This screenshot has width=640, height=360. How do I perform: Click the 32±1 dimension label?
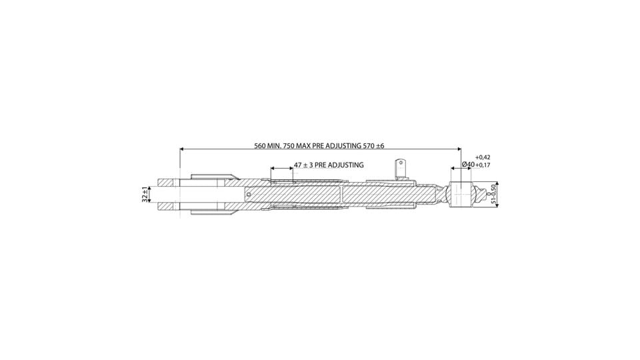click(145, 194)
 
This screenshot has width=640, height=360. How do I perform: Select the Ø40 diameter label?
click(468, 164)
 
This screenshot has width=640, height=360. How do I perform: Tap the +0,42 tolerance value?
click(483, 157)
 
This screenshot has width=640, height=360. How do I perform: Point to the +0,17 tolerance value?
click(483, 165)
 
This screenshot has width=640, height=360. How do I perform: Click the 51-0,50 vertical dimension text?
click(493, 194)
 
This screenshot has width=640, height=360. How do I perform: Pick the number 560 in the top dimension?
click(260, 146)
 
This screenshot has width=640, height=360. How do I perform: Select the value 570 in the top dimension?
click(369, 146)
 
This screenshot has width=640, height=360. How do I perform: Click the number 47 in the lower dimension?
click(298, 165)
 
